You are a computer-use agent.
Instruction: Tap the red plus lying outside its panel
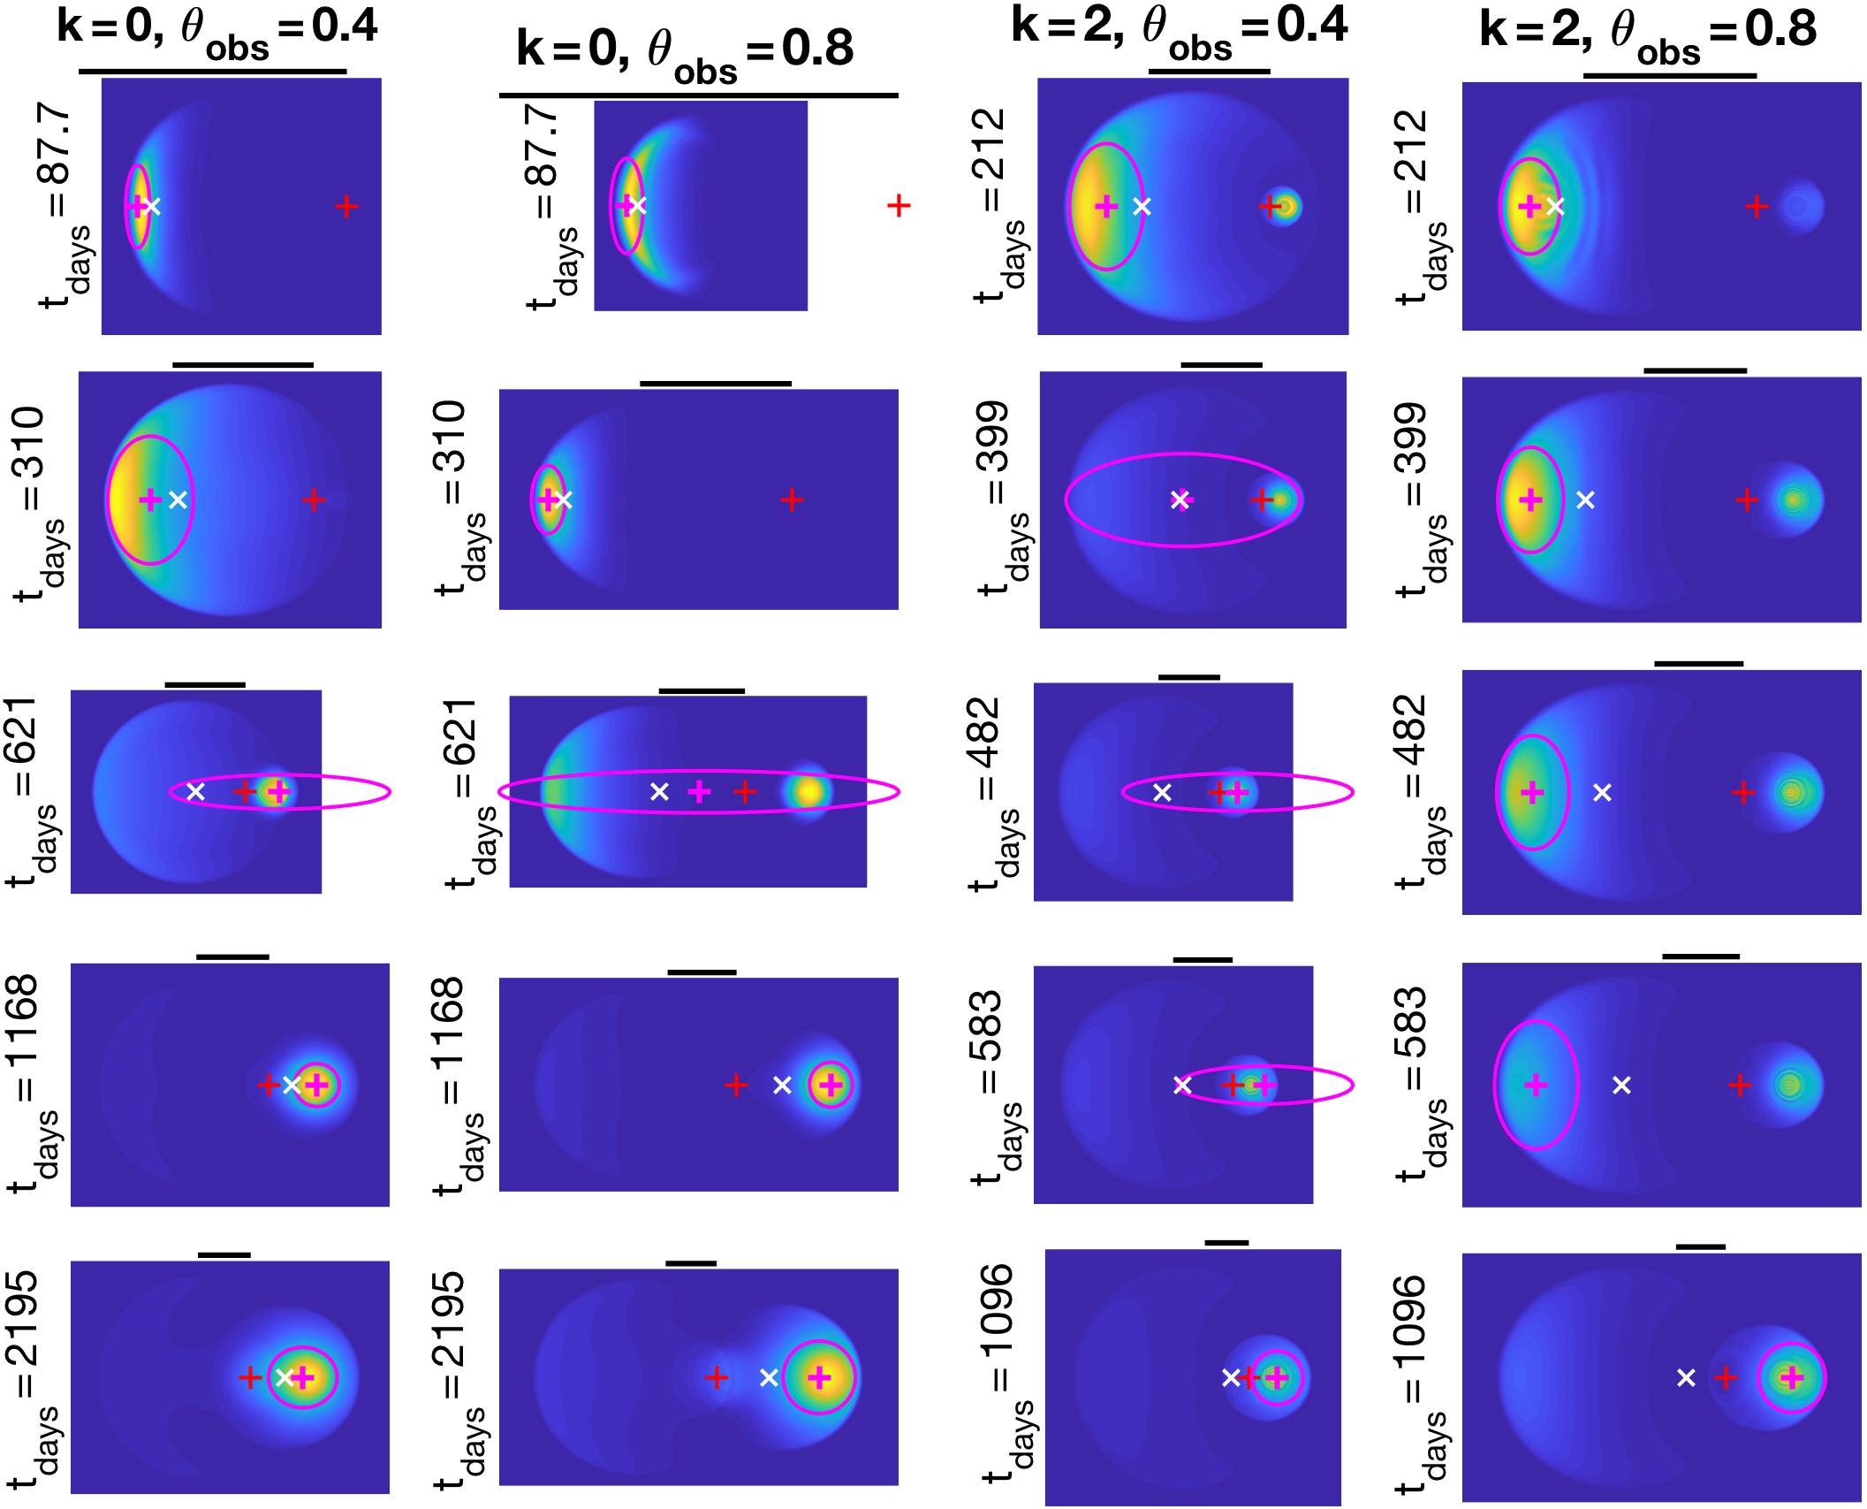click(x=899, y=206)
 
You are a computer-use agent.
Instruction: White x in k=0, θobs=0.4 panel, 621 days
click(x=196, y=791)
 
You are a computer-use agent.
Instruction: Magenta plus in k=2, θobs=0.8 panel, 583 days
click(x=1536, y=1085)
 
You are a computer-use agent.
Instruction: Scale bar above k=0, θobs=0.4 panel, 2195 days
click(x=224, y=1254)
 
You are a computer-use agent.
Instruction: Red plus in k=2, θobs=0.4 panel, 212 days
click(x=1270, y=207)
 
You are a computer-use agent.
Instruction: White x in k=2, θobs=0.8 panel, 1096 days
click(x=1686, y=1377)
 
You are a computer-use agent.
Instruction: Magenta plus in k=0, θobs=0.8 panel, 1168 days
click(x=830, y=1084)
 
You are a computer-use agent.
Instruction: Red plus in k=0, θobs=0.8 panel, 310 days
click(x=792, y=500)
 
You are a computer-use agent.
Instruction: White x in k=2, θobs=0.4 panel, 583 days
click(x=1182, y=1085)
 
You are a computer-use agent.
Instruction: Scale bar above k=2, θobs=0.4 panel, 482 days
click(x=1189, y=677)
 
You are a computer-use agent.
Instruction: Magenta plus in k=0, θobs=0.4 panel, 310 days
click(x=150, y=499)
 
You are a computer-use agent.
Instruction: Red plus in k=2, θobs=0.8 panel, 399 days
click(x=1747, y=500)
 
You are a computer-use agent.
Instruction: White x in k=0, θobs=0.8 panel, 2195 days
click(x=769, y=1377)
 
